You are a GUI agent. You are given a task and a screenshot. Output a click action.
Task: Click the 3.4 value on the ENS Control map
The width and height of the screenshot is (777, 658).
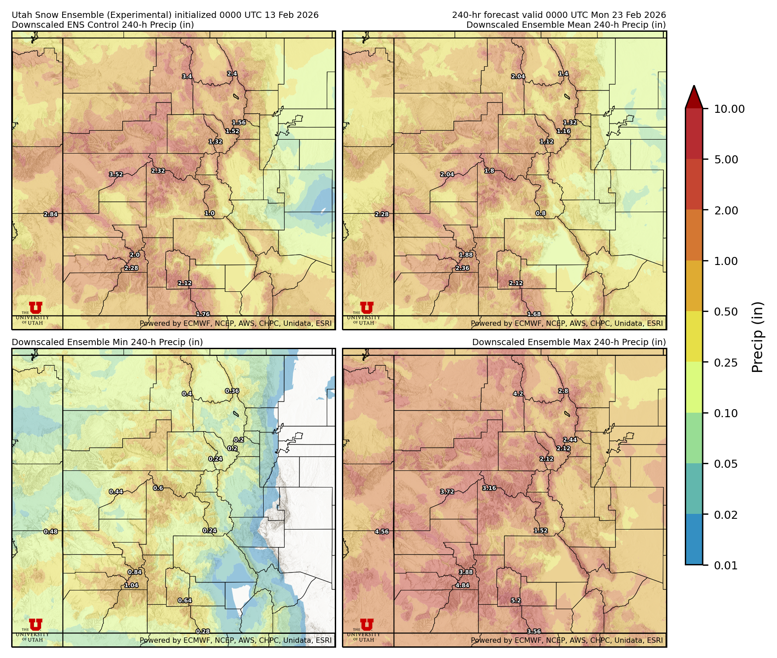pyautogui.click(x=187, y=77)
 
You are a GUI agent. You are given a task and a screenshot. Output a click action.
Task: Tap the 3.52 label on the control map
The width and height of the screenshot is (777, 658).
pyautogui.click(x=116, y=175)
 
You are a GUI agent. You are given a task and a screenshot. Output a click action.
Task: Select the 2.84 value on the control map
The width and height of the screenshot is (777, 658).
pyautogui.click(x=51, y=214)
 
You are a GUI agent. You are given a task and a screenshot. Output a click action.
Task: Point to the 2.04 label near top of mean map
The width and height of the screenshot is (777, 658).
pyautogui.click(x=518, y=77)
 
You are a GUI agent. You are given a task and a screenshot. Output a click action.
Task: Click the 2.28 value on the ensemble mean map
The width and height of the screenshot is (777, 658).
pyautogui.click(x=382, y=214)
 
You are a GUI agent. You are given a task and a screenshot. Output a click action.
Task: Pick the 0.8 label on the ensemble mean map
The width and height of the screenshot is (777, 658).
pyautogui.click(x=541, y=214)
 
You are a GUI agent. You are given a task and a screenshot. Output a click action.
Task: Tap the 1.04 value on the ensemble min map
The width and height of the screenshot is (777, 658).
pyautogui.click(x=131, y=585)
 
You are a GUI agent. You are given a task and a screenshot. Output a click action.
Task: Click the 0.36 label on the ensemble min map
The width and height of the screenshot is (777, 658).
pyautogui.click(x=232, y=391)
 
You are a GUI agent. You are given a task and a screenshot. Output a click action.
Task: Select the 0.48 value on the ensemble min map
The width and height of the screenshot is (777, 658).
pyautogui.click(x=51, y=532)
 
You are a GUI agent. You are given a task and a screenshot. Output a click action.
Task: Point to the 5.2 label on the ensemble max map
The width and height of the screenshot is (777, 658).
pyautogui.click(x=516, y=601)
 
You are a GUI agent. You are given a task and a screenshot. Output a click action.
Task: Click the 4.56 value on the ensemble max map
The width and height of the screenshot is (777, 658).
pyautogui.click(x=382, y=532)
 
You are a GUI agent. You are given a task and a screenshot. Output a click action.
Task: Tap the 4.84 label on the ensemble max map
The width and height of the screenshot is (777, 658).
pyautogui.click(x=462, y=585)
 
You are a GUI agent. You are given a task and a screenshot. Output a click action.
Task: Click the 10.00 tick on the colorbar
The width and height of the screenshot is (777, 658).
pyautogui.click(x=729, y=109)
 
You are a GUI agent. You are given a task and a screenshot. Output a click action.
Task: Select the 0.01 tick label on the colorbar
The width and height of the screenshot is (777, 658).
pyautogui.click(x=726, y=565)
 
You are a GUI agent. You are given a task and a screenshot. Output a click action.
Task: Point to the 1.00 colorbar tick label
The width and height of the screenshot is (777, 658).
pyautogui.click(x=726, y=261)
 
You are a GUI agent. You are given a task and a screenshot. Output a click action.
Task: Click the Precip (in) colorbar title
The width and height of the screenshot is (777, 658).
pyautogui.click(x=757, y=337)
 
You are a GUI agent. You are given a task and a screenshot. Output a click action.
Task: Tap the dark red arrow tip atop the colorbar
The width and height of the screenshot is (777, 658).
pyautogui.click(x=694, y=90)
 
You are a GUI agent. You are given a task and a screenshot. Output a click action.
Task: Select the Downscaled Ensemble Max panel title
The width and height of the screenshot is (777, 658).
pyautogui.click(x=568, y=342)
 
